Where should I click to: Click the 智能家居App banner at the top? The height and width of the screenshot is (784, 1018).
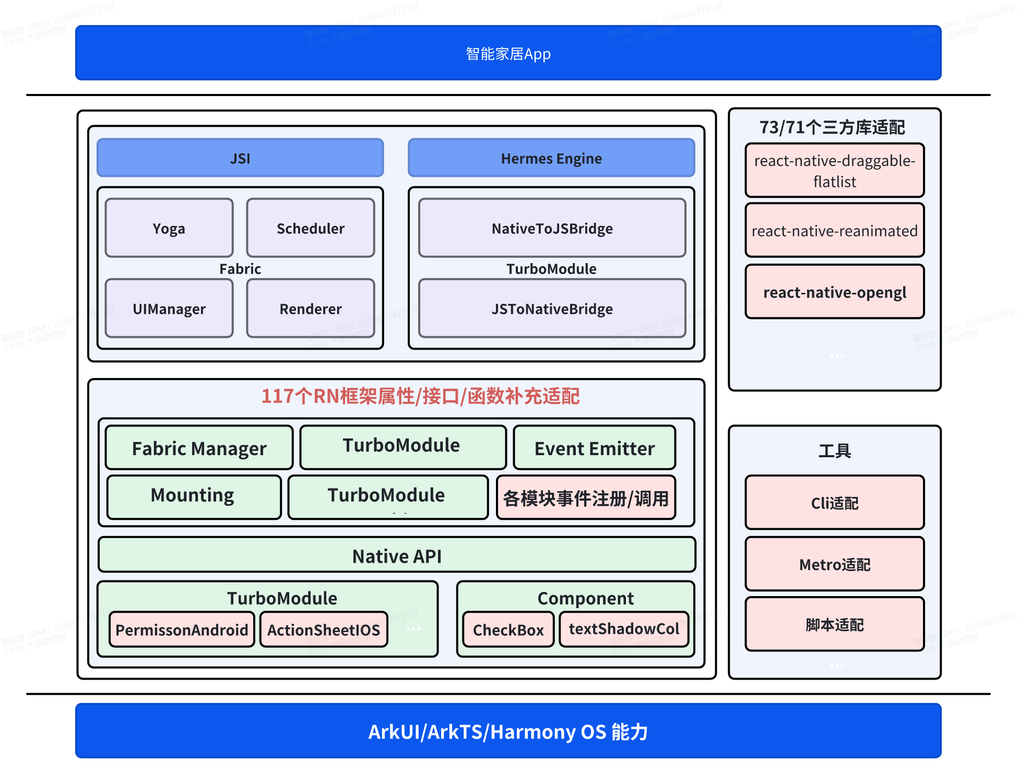(508, 53)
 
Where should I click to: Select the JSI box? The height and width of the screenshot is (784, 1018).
(240, 158)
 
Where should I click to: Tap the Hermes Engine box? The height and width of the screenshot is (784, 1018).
(551, 158)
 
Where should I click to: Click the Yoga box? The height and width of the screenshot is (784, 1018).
(169, 228)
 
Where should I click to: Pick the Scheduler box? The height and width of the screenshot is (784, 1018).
(310, 228)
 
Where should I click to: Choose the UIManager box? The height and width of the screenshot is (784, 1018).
(169, 308)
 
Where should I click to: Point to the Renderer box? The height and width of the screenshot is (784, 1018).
(310, 308)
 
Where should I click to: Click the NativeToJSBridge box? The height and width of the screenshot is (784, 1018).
(552, 228)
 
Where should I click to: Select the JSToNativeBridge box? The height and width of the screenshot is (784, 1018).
(552, 308)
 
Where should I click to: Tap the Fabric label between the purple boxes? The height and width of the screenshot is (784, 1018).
(240, 269)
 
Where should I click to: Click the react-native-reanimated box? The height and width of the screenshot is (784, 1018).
(834, 231)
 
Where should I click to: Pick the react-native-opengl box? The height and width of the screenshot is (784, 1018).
(834, 292)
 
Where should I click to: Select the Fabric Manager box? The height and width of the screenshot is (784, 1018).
(199, 448)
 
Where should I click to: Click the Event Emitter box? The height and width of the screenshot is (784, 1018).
(594, 448)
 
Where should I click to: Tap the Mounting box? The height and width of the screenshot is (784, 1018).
(193, 496)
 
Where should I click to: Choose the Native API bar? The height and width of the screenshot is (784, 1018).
(397, 555)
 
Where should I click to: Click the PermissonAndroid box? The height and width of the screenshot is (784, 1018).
(182, 629)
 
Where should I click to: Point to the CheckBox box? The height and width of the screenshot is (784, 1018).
(508, 629)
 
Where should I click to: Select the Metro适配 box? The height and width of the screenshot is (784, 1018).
(834, 564)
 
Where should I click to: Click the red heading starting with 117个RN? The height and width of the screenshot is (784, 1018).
(420, 396)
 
